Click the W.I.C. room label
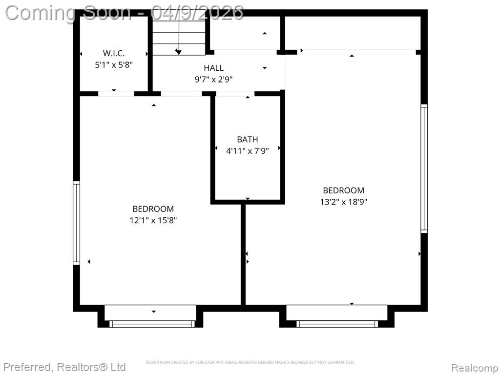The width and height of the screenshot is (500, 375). pos(113,53)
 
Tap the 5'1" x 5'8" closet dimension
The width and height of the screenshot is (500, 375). pos(114,65)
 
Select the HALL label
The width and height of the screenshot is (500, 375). pos(214,68)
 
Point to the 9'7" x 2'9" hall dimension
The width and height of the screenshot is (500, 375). pos(214,80)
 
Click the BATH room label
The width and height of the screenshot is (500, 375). pos(248,139)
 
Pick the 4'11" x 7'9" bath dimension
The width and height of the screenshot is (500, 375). pos(248,151)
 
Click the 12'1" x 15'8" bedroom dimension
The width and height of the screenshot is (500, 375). pos(153,220)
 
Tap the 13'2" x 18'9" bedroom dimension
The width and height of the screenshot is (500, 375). pos(344,202)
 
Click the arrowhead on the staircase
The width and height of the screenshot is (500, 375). pos(179,52)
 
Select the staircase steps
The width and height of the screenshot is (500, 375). pos(179,35)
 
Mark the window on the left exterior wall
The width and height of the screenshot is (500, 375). pos(77,223)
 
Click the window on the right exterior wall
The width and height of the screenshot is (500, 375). pos(424,168)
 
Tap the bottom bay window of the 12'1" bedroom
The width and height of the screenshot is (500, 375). pos(152,324)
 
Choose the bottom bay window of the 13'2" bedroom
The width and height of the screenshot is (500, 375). pos(337,324)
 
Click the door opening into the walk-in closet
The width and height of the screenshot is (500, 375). pos(116,94)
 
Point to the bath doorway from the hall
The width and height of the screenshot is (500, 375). pos(235,94)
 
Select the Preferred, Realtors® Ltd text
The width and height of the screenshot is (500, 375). pos(64,367)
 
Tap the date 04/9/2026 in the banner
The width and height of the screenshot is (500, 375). pos(197,13)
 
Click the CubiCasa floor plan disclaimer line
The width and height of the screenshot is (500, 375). pos(250,362)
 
